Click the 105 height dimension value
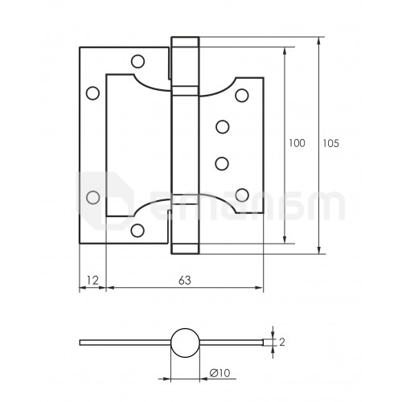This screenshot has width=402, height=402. click(x=330, y=144)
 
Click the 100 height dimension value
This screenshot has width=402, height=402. click(x=297, y=143)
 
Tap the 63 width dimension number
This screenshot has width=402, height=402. click(x=185, y=281)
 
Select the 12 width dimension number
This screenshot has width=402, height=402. click(x=92, y=281)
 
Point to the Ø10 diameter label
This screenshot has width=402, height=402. click(x=219, y=373)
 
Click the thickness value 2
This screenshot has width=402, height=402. click(x=282, y=343)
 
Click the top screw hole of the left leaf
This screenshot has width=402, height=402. click(x=138, y=61)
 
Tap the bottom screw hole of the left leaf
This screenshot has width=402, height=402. click(x=137, y=230)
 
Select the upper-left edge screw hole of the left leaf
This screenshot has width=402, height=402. click(x=92, y=93)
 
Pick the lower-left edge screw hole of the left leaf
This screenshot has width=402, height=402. click(x=92, y=197)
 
